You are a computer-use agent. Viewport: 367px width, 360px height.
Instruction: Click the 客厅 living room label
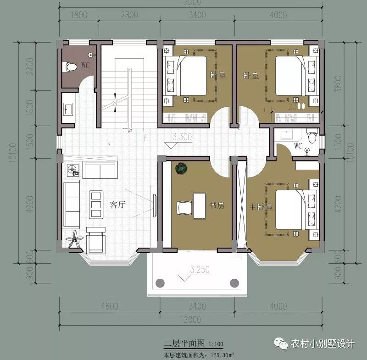tap(117, 205)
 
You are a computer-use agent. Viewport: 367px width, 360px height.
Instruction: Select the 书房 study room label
tap(216, 206)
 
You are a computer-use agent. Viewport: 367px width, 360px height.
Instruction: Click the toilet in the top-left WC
tap(70, 67)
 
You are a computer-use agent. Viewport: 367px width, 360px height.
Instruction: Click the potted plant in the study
tap(181, 168)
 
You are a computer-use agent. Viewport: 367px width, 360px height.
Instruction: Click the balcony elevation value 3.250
tap(189, 268)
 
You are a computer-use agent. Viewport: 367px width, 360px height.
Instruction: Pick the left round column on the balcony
tap(160, 282)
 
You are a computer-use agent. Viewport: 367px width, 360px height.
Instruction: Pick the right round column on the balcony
tap(234, 282)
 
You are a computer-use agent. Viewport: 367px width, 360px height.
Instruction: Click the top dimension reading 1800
tap(80, 15)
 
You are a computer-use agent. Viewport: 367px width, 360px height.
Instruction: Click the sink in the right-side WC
tap(286, 134)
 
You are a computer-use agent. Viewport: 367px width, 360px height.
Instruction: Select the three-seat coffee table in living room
tap(96, 204)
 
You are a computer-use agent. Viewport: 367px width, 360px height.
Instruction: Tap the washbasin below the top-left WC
tap(68, 109)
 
